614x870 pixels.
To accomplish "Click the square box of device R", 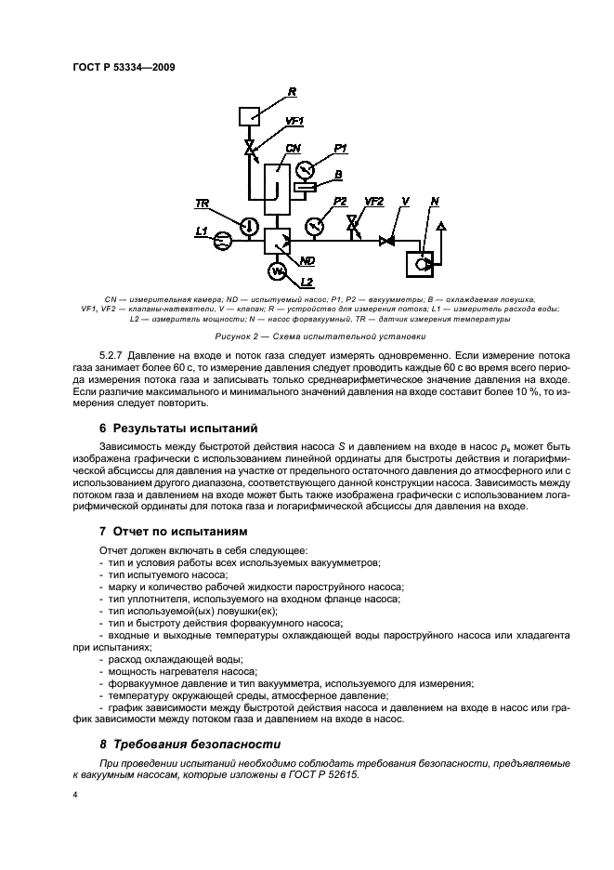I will tap(248, 116).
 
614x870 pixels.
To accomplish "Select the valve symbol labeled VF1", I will tap(248, 149).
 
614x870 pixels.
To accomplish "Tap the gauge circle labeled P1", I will tap(306, 170).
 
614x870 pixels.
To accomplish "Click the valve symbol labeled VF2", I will tap(352, 225).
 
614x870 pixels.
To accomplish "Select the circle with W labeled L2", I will tap(276, 270).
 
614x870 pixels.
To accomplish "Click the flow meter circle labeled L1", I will tap(223, 242).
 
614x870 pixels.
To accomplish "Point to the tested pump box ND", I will tap(277, 242).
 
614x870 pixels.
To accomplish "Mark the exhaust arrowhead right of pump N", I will tap(441, 227).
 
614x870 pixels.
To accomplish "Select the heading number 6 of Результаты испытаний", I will tap(103, 429).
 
